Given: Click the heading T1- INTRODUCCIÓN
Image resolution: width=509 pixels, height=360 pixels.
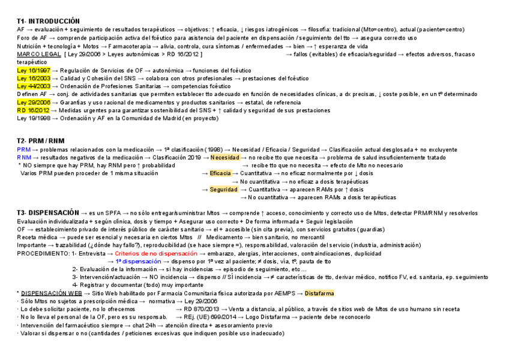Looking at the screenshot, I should coord(48,21).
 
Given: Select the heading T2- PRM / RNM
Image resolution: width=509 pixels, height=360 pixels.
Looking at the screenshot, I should coord(40,141).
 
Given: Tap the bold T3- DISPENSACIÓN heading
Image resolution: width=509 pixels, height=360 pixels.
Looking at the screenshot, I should coord(47,213).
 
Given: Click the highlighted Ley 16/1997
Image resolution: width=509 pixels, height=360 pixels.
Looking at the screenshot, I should coord(34,70).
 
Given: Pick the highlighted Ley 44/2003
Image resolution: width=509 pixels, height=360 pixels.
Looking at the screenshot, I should coord(34,86).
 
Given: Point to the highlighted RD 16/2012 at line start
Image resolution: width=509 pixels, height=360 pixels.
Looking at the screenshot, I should coord(33,110).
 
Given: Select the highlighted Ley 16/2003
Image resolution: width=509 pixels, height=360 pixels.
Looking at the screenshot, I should coord(34,79).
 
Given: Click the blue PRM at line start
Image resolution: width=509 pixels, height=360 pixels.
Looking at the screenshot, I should coord(24,149).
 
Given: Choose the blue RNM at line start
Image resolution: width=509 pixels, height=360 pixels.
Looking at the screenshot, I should coord(24,157).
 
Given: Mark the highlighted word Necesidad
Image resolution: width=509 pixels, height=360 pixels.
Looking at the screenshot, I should coord(225,157).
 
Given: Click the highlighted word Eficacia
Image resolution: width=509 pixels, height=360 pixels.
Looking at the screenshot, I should coord(220,173).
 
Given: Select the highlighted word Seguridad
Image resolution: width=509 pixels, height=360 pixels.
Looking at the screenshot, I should coord(223,190).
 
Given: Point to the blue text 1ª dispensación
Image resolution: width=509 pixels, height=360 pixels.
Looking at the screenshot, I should coord(138,262).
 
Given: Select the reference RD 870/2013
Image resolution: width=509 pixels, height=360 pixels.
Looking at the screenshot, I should coord(202,309).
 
